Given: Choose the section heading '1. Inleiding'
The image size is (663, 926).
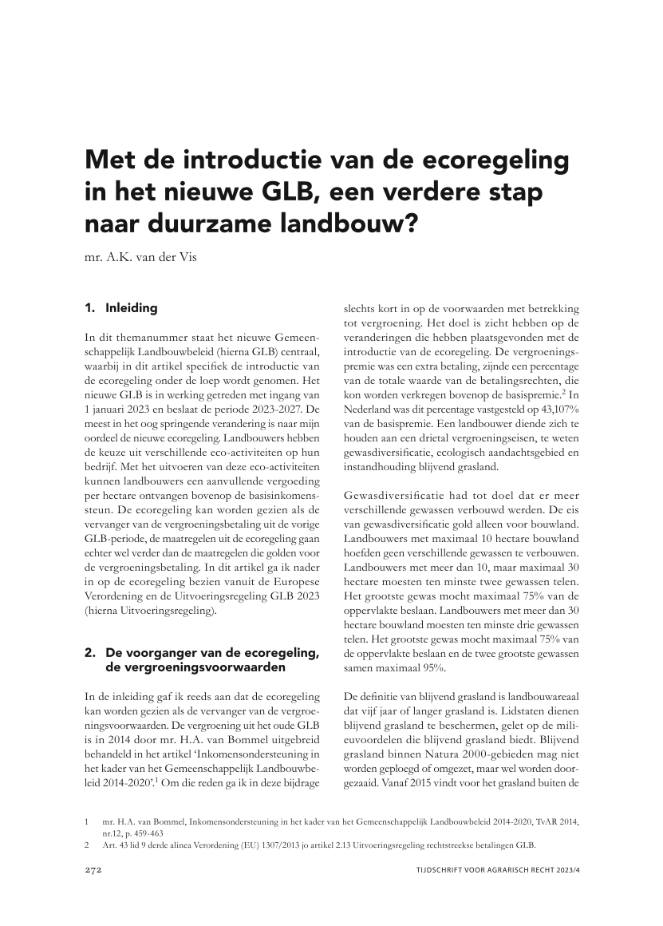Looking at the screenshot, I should coord(121,307).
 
